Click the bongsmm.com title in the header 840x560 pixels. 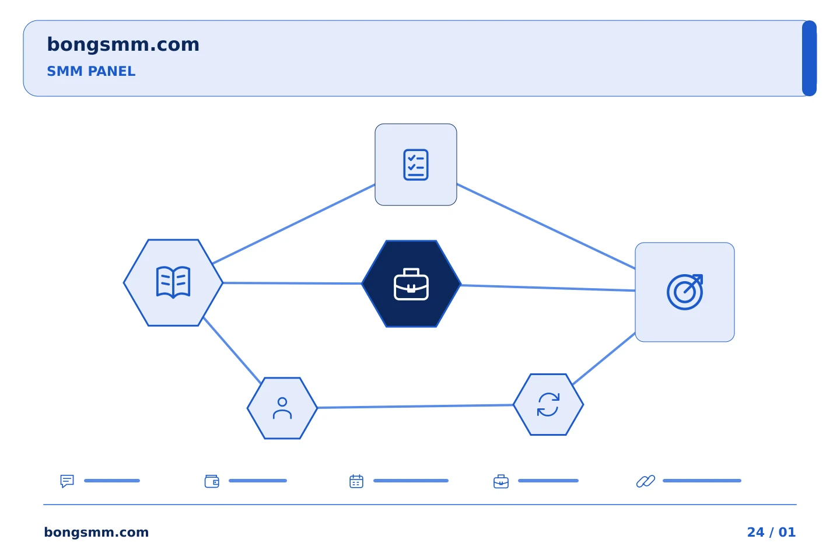(x=123, y=45)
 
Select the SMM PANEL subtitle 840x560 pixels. (x=91, y=71)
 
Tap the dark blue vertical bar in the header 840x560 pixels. (x=809, y=58)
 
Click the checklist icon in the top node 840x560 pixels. (x=415, y=164)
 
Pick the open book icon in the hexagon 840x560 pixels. (x=173, y=282)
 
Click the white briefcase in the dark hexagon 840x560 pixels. (x=411, y=284)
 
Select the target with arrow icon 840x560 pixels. (x=685, y=292)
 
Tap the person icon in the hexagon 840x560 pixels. (x=282, y=408)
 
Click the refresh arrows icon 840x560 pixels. (x=548, y=404)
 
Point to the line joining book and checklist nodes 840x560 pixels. (x=293, y=223)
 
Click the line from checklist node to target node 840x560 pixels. (x=546, y=226)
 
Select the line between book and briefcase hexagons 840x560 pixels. (x=292, y=283)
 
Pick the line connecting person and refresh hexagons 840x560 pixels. (x=415, y=406)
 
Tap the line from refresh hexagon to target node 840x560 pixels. (x=604, y=359)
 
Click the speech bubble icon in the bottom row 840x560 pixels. (x=67, y=481)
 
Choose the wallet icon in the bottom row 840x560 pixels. (x=212, y=481)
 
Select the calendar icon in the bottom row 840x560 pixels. (x=356, y=481)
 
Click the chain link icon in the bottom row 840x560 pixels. (x=646, y=481)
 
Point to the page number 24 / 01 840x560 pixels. (x=771, y=532)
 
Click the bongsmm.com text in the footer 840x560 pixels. (x=96, y=532)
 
